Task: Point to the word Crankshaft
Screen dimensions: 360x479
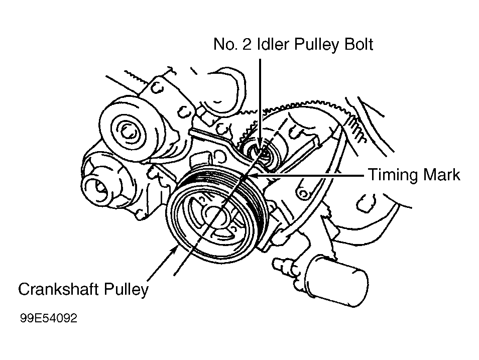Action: (60, 290)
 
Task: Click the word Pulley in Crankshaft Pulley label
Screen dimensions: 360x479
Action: (127, 290)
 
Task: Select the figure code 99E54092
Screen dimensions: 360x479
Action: (49, 319)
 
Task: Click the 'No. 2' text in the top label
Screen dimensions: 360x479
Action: (229, 45)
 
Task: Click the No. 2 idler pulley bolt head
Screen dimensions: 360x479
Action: (260, 149)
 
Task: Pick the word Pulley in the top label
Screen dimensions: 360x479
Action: (315, 45)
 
